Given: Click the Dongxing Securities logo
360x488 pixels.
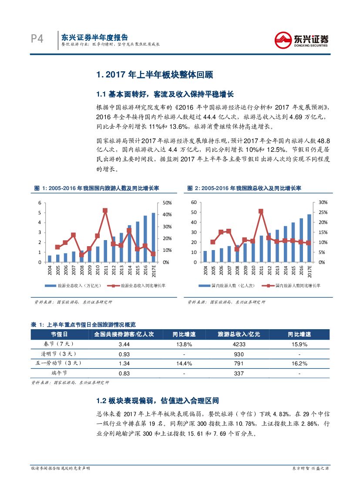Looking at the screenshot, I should (301, 40).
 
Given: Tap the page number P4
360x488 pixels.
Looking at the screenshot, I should (37, 40).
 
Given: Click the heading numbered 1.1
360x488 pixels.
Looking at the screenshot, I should (165, 94).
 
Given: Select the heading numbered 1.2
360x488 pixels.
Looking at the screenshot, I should (157, 401).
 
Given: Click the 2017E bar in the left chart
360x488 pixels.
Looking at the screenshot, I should (153, 237).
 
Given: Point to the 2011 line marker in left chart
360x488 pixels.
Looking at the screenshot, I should (105, 211).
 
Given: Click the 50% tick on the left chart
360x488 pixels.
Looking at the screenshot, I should (167, 203).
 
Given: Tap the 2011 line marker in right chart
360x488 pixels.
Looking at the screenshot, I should (261, 211).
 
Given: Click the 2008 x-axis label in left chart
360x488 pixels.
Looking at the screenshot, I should (82, 271).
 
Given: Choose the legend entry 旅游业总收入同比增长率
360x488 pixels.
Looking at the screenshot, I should (139, 286).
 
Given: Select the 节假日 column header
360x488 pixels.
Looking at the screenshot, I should (59, 334).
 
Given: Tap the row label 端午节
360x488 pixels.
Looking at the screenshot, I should (59, 373).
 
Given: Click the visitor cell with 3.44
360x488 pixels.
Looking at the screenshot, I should (124, 344).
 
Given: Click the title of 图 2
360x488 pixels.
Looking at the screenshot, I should (244, 188).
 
